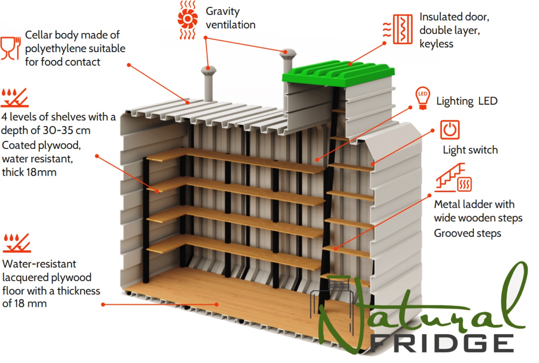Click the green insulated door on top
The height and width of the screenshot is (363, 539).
[x=338, y=73]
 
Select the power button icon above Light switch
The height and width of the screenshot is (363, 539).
[x=450, y=130]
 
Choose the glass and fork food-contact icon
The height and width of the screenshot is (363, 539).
[x=10, y=48]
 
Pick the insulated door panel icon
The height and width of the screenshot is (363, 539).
[x=398, y=29]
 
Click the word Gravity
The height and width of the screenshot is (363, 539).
[x=223, y=12]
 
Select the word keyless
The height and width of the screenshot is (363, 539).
[x=436, y=44]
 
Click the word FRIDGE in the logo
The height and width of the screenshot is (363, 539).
[x=441, y=343]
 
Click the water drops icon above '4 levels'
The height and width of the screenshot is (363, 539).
[x=14, y=98]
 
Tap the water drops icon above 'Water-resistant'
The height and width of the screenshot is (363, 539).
[x=17, y=243]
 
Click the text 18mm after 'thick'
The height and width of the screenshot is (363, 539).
[x=41, y=172]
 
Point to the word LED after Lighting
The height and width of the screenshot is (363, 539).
[x=488, y=101]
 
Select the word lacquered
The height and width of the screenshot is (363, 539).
[x=47, y=278]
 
